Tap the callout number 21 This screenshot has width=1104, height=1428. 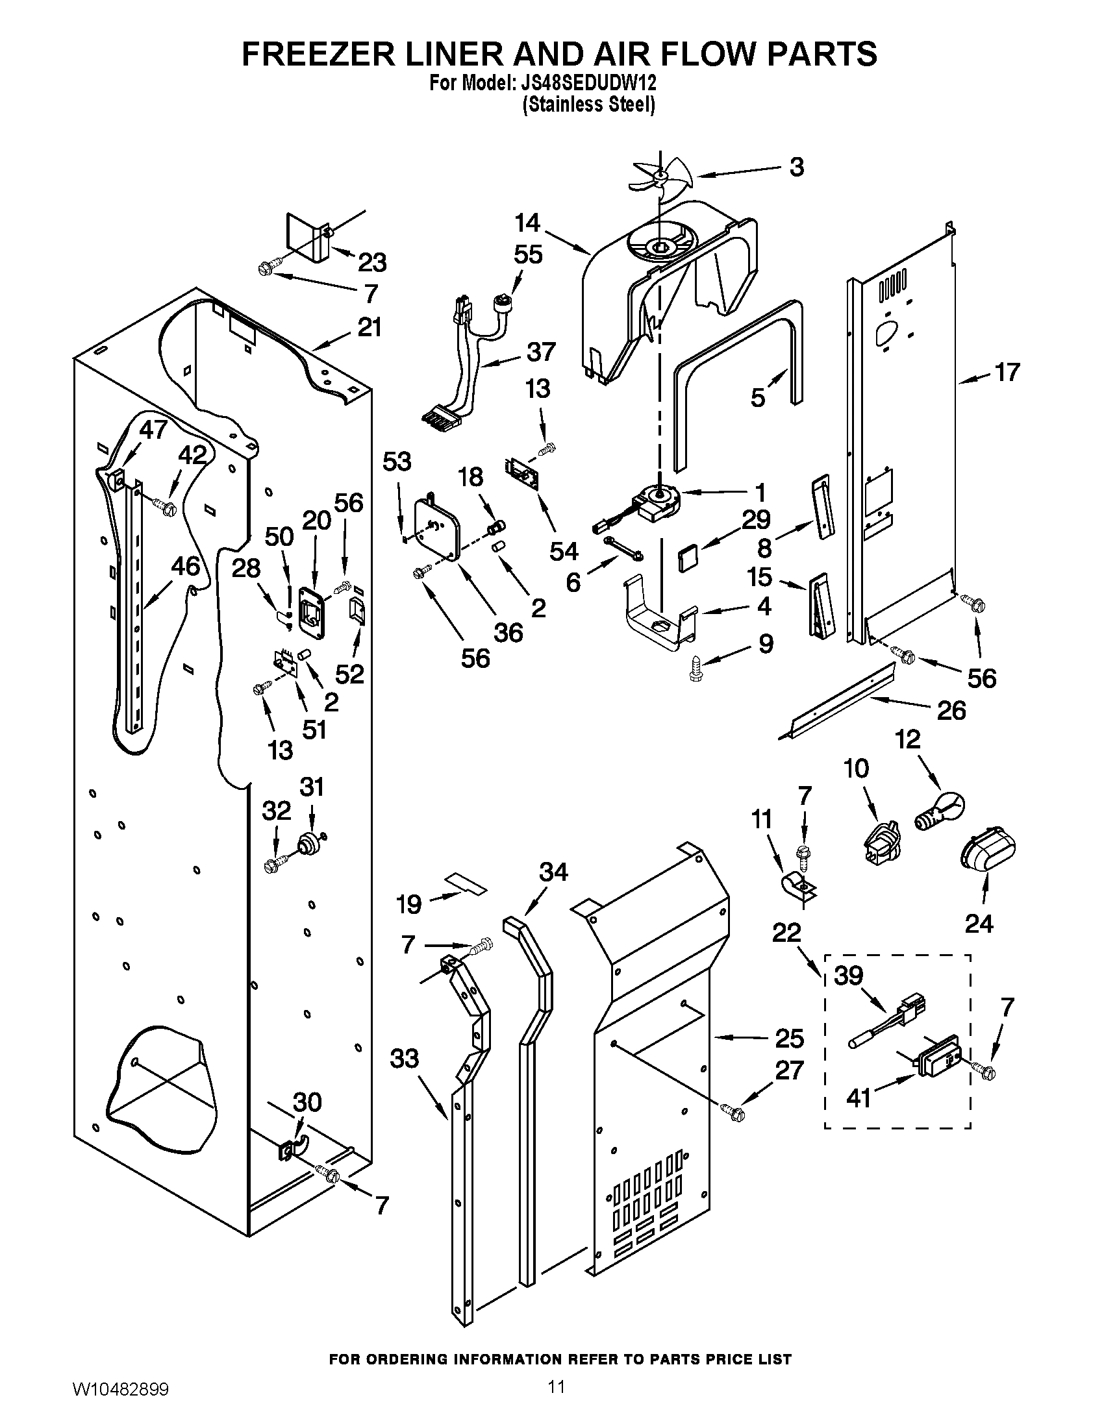click(x=370, y=326)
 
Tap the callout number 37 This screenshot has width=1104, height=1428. click(x=540, y=352)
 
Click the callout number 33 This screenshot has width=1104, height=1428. click(x=404, y=1058)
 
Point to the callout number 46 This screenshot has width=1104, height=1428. click(x=185, y=566)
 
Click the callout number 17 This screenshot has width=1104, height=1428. click(x=1007, y=372)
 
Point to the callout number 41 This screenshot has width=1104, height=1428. click(x=859, y=1098)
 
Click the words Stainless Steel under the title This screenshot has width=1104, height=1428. click(x=588, y=105)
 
